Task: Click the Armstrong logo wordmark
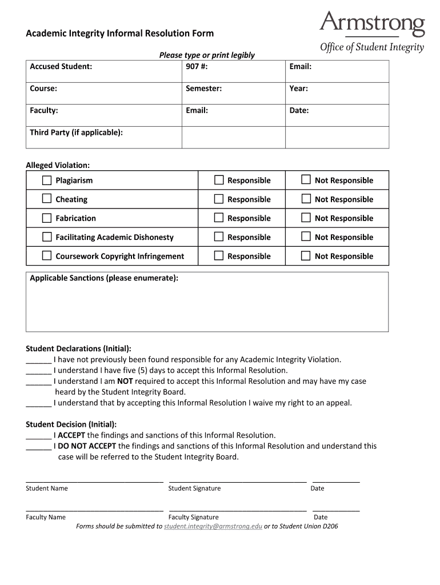(372, 24)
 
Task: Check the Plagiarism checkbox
(47, 181)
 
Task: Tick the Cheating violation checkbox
(47, 199)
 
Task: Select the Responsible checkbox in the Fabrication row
(219, 218)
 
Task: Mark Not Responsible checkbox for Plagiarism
(306, 181)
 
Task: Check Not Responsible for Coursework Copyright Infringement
(306, 256)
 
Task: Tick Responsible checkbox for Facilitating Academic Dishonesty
(219, 237)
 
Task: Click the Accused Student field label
(61, 67)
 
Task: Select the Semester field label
(203, 89)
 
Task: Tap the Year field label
(298, 89)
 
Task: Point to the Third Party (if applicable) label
(76, 133)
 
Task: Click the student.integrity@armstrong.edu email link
(213, 526)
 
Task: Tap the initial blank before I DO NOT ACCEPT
(38, 446)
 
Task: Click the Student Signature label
(194, 488)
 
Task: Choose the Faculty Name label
(46, 518)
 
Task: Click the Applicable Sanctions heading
(103, 278)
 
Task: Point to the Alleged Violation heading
(58, 165)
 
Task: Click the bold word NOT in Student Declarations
(125, 381)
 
